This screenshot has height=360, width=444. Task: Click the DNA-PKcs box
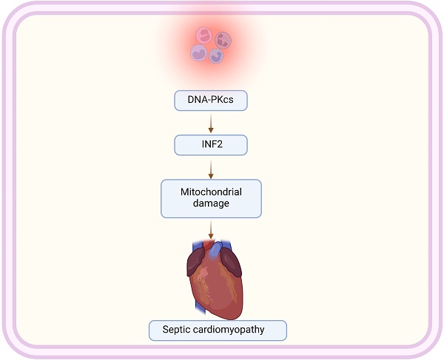pyautogui.click(x=211, y=101)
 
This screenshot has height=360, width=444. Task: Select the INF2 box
pyautogui.click(x=211, y=144)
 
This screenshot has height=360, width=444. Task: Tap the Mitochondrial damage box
pyautogui.click(x=211, y=198)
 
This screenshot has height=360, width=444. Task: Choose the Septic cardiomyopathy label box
pyautogui.click(x=216, y=329)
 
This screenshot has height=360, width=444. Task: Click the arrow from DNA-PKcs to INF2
pyautogui.click(x=211, y=123)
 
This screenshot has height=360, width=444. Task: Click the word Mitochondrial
pyautogui.click(x=211, y=192)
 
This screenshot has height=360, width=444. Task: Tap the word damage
pyautogui.click(x=211, y=204)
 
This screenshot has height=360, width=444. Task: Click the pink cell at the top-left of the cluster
pyautogui.click(x=203, y=34)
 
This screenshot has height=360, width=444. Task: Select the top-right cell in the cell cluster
pyautogui.click(x=222, y=39)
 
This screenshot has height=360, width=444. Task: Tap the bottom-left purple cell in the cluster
pyautogui.click(x=199, y=52)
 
